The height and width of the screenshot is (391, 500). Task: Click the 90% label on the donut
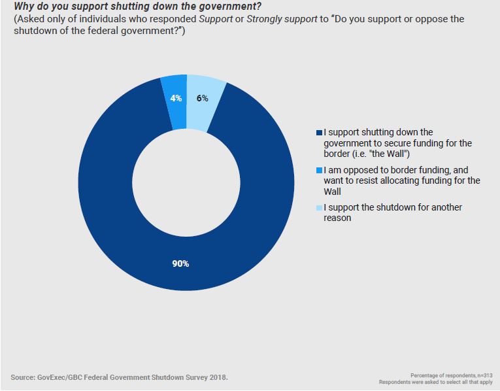click(x=181, y=264)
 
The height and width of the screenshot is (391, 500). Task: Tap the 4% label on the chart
click(x=176, y=99)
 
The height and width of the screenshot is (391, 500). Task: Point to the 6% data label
click(x=202, y=99)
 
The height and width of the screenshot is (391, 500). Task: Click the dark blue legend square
click(x=319, y=133)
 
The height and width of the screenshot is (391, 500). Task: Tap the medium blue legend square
click(x=319, y=170)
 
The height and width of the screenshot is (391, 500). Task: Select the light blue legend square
click(x=319, y=208)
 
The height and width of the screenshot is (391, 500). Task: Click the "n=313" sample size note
click(x=484, y=375)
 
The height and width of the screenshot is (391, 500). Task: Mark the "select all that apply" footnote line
click(x=435, y=381)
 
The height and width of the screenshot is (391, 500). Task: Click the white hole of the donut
click(x=186, y=183)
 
